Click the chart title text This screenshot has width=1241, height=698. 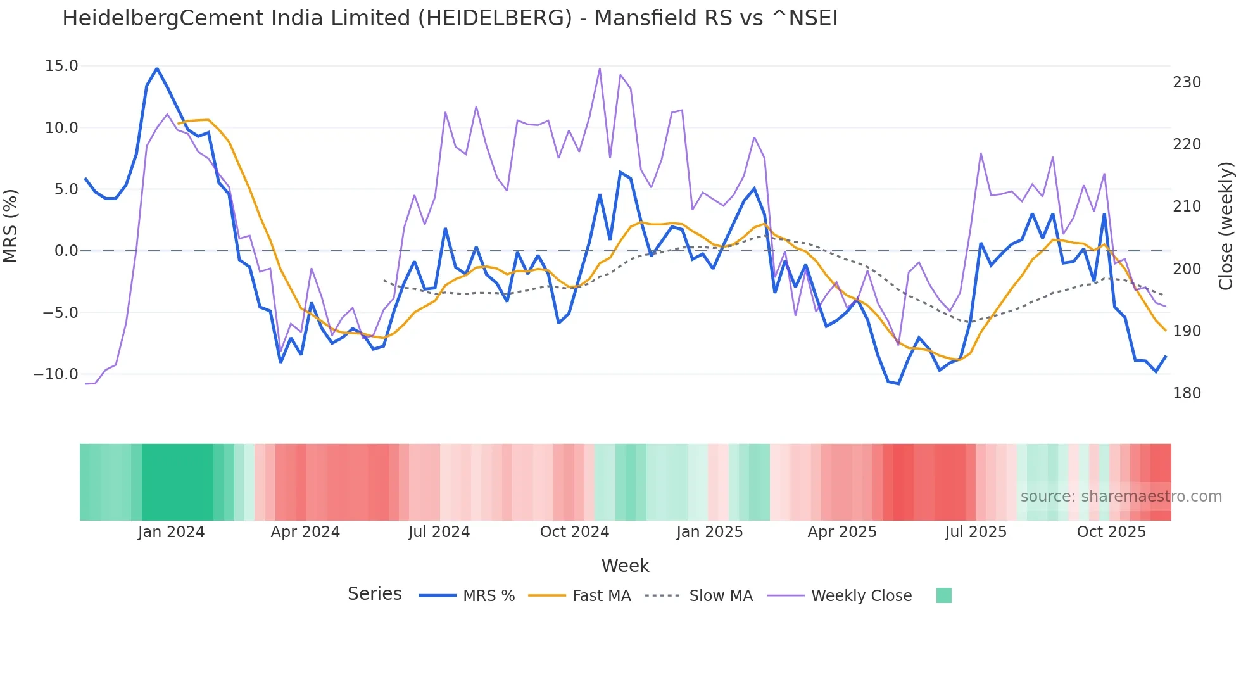[x=450, y=18]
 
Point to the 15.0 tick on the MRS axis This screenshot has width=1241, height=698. [x=61, y=66]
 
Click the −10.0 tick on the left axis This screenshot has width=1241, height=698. [x=56, y=374]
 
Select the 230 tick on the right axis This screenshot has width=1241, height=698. [x=1187, y=82]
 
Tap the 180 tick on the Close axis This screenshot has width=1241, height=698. [x=1187, y=393]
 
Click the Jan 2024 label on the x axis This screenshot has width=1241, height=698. [x=171, y=532]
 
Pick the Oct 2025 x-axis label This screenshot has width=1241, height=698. [x=1111, y=532]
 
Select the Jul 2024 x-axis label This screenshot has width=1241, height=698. [x=439, y=532]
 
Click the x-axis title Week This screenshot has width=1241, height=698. [x=625, y=566]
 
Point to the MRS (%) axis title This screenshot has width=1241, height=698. [x=11, y=225]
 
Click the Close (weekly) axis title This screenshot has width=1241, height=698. [x=1226, y=225]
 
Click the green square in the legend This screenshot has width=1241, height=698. [x=943, y=595]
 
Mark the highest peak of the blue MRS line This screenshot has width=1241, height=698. [x=157, y=68]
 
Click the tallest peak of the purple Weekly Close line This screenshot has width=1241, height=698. [x=600, y=68]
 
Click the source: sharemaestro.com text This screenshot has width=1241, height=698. [x=1121, y=497]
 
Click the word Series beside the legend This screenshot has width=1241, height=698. [x=374, y=594]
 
